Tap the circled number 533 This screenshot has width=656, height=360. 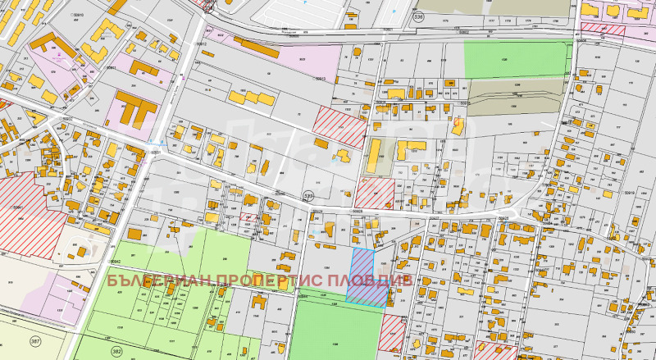click(x=308, y=197)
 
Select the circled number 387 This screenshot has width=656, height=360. click(x=34, y=341)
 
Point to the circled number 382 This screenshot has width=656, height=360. click(x=116, y=351)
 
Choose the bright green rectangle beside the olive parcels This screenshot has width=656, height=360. click(x=517, y=58)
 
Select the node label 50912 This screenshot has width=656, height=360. click(x=203, y=43)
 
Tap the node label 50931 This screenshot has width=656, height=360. click(x=153, y=154)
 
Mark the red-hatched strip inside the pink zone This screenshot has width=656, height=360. click(x=603, y=30)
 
